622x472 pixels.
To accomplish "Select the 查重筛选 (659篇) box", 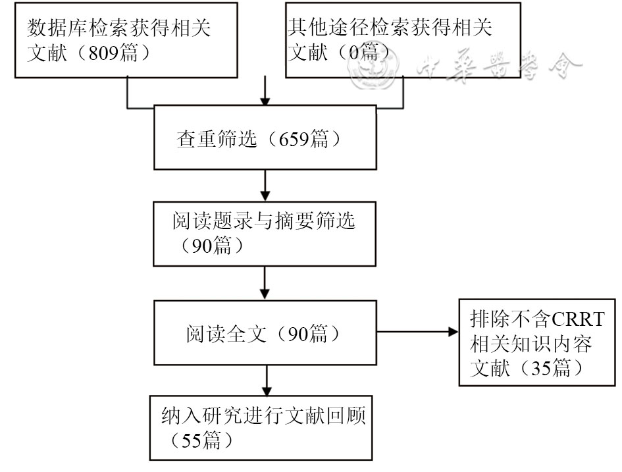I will coord(265,139).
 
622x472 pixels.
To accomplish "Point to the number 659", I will coord(292,140).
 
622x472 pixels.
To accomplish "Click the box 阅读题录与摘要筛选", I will coord(265,234).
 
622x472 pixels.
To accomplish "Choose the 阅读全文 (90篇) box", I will coord(265,334).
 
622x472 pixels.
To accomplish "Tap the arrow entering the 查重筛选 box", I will coord(265,92).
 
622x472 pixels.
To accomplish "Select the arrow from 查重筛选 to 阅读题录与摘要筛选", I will coord(265,186).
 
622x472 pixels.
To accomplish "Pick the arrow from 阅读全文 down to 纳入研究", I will coord(265,380).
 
